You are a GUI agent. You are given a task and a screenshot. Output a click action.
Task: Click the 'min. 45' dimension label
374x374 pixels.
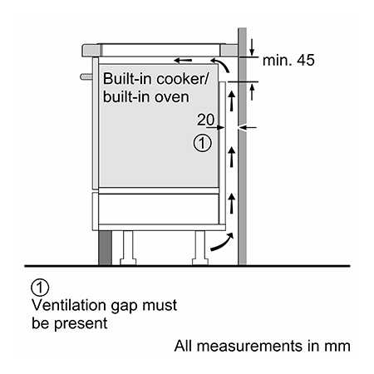pyautogui.click(x=288, y=60)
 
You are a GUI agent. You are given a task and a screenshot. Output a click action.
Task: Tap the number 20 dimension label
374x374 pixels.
pyautogui.click(x=205, y=120)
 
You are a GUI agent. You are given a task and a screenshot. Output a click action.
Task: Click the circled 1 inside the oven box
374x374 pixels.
pyautogui.click(x=202, y=143)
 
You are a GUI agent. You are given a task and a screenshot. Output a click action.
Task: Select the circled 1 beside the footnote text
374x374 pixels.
pyautogui.click(x=40, y=288)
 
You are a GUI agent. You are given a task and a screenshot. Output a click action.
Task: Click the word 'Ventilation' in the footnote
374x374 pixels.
pyautogui.click(x=69, y=305)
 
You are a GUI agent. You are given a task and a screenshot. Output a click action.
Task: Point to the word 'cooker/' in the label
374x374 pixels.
pyautogui.click(x=182, y=79)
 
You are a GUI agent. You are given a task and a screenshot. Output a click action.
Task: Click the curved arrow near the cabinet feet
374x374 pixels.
pyautogui.click(x=223, y=242)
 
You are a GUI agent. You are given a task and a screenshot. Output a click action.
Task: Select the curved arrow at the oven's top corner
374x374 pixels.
pyautogui.click(x=222, y=64)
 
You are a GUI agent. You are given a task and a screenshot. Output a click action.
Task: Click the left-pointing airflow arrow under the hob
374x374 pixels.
pyautogui.click(x=183, y=60)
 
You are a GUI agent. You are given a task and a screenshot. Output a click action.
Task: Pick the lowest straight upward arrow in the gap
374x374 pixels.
pyautogui.click(x=232, y=204)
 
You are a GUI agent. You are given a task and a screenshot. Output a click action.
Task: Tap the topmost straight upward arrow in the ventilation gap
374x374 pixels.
pyautogui.click(x=232, y=101)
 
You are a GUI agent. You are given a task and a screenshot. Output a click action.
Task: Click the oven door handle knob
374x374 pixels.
pyautogui.click(x=86, y=76)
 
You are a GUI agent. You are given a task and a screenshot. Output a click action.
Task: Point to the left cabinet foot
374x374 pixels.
pyautogui.click(x=128, y=248)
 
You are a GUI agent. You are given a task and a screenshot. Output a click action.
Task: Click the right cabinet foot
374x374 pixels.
pyautogui.click(x=200, y=248)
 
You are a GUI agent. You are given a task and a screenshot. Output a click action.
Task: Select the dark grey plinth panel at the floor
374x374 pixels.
pyautogui.click(x=106, y=248)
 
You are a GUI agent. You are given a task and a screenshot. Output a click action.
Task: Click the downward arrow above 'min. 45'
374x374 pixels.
pyautogui.click(x=252, y=47)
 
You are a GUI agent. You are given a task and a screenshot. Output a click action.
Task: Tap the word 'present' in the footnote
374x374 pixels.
pyautogui.click(x=81, y=324)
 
